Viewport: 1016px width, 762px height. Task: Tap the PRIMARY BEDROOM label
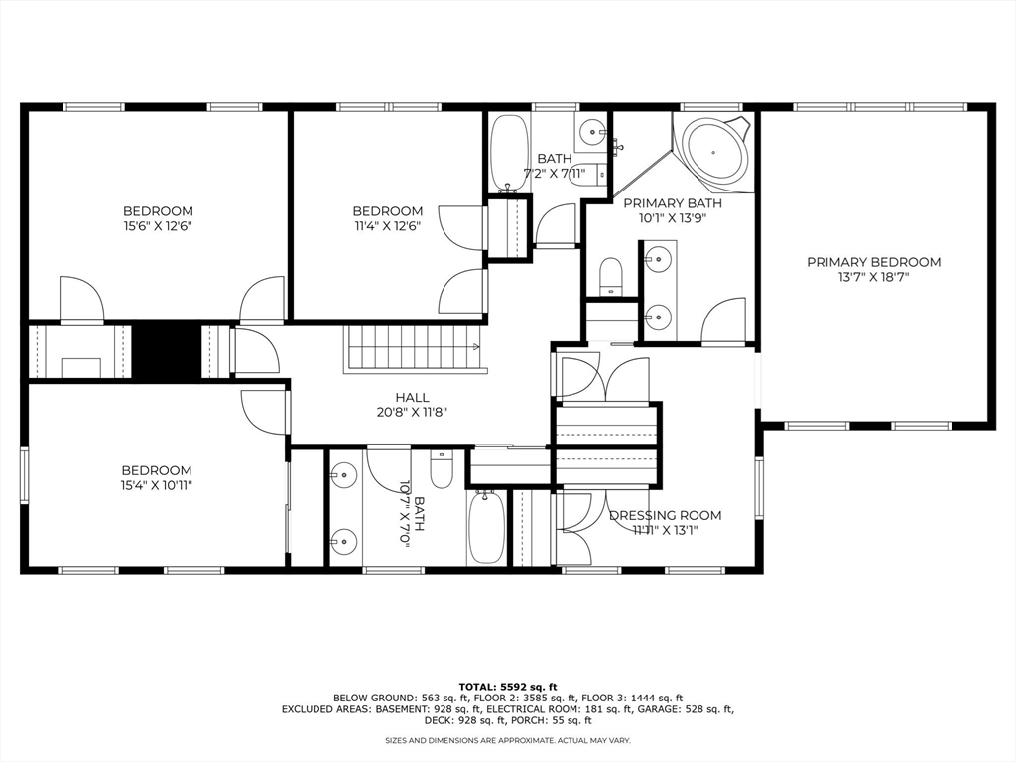coord(873,262)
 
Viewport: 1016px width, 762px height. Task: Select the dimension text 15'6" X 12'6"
coord(158,226)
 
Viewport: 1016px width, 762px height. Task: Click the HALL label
coord(412,397)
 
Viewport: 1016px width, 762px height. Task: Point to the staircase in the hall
coord(412,349)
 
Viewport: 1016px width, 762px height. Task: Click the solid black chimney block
coord(167,349)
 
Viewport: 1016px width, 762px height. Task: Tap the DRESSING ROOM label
coord(665,515)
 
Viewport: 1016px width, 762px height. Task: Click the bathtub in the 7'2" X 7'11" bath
coord(510,153)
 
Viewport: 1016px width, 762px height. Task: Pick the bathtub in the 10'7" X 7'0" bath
coord(487,526)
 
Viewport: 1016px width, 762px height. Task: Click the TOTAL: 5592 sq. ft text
coord(508,686)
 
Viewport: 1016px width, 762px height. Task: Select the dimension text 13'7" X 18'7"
coord(873,278)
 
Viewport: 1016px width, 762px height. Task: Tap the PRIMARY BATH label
coord(673,203)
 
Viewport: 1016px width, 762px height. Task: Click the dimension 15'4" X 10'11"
coord(157,485)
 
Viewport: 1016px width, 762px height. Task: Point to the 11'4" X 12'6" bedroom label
coord(388,211)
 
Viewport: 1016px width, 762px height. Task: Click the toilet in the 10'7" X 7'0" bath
coord(443,468)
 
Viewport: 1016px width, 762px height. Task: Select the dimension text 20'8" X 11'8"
coord(412,412)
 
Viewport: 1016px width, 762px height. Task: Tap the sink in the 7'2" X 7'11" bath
coord(592,129)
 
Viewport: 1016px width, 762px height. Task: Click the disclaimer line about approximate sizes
coord(508,740)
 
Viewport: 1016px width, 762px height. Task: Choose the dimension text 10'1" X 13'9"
coord(673,218)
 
